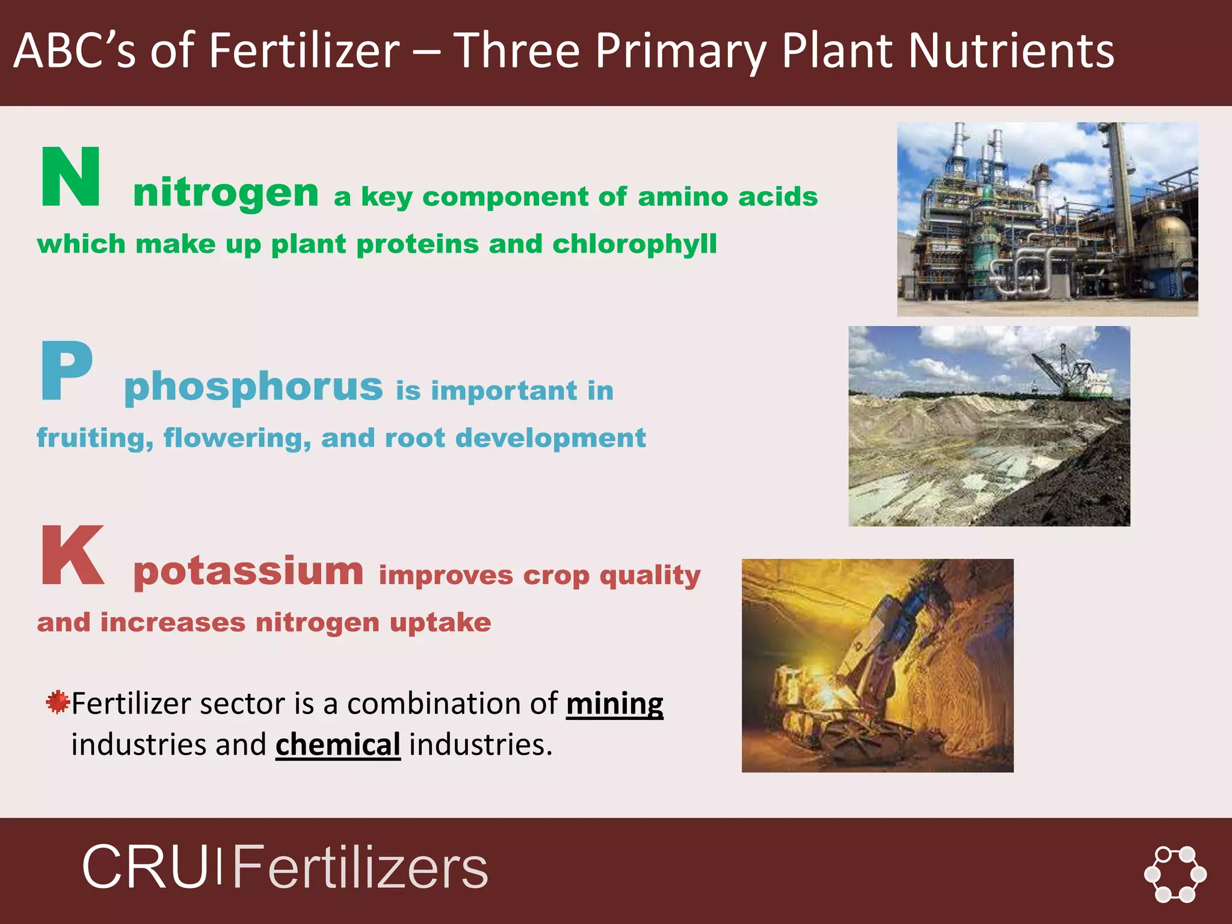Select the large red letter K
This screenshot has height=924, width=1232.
coord(72,555)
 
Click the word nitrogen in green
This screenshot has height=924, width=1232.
coord(226,194)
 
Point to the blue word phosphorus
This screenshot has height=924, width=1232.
coord(253,386)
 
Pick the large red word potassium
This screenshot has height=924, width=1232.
coord(248,571)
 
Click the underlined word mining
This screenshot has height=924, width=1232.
coord(614,704)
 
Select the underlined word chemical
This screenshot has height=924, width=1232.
coord(337,745)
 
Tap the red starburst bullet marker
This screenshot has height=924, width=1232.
coord(58,702)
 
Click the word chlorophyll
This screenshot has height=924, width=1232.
coord(634,244)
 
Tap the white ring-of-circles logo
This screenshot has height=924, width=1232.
coord(1175,874)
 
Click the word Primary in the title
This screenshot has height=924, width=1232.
coord(680,51)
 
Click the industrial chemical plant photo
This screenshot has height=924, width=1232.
coord(1047,220)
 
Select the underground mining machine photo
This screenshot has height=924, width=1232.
coord(877,665)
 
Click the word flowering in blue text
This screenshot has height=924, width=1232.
coord(237,439)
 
